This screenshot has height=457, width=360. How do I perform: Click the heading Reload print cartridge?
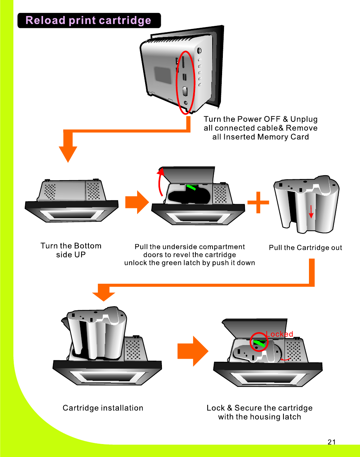coord(88,21)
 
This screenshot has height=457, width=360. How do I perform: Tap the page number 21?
coord(331,442)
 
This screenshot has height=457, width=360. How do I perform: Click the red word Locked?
coord(280,334)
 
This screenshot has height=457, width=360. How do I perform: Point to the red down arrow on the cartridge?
coord(311,212)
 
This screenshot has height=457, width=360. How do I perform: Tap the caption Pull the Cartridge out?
coord(306,248)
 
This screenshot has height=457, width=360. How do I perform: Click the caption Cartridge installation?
coord(103,408)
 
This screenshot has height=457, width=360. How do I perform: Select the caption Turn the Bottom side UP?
coord(71,250)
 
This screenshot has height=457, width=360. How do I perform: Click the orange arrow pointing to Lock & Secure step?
coord(193,351)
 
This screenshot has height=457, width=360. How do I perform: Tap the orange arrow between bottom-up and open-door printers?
coord(137,202)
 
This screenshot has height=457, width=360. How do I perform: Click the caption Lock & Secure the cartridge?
coord(259,408)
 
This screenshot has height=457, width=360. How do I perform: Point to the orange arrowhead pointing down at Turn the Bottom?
coord(68,153)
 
